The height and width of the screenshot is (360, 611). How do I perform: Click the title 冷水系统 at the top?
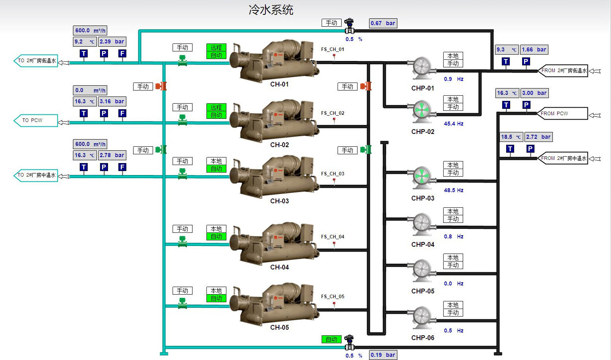271,10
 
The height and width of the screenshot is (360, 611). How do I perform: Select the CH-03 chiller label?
279,201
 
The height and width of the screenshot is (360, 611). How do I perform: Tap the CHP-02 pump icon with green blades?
422,110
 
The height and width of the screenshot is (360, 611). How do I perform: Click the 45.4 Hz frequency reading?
454,124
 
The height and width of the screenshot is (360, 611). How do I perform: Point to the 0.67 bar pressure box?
383,23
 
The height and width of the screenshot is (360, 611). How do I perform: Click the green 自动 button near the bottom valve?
332,339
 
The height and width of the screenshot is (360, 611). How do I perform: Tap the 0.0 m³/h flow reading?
90,90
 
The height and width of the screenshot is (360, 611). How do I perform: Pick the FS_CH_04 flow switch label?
332,237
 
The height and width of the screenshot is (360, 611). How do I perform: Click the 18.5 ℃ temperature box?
511,137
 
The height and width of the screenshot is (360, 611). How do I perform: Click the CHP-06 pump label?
422,338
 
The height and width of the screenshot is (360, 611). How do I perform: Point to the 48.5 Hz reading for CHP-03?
454,190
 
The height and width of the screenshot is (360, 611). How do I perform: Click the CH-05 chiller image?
275,303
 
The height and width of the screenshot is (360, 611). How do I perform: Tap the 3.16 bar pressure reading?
112,101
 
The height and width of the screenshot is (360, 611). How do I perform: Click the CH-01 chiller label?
279,84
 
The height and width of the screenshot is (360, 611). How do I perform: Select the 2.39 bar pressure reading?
112,41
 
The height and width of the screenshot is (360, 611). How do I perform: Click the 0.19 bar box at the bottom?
383,355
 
